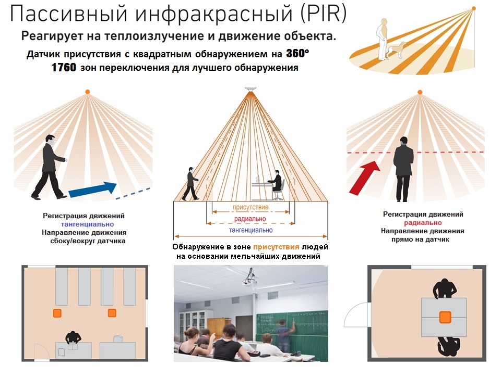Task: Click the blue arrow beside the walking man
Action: tap(93, 189)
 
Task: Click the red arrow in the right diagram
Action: tap(365, 177)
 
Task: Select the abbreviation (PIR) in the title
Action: tap(323, 14)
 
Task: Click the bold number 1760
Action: tap(64, 67)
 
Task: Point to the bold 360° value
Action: tap(297, 53)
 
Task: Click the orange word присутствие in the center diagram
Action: tap(250, 207)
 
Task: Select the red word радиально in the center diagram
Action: tap(250, 219)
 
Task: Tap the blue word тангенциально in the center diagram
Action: tap(251, 230)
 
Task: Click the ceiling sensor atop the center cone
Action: tap(250, 89)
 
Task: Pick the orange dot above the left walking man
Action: tap(87, 92)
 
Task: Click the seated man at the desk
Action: tap(277, 185)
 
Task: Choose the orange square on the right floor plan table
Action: tap(445, 317)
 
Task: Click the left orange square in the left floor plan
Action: tap(57, 313)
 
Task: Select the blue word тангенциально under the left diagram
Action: tap(88, 224)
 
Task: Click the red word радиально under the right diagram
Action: tap(423, 223)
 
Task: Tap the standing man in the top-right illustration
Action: tap(383, 39)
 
